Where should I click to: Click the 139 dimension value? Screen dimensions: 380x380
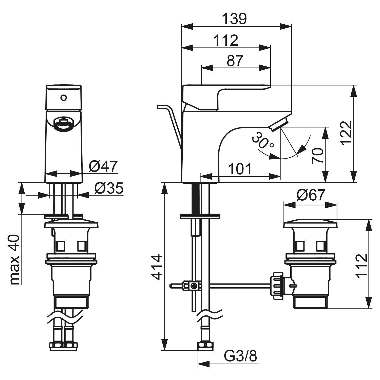coord(234,19)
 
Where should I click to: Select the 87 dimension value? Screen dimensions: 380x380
coord(235,61)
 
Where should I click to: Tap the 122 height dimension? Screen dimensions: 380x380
coord(346,133)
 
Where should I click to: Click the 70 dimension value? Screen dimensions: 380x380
coord(318,156)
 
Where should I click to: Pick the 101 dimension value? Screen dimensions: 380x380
coord(240,169)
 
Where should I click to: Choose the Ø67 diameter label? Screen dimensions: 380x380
coord(311,195)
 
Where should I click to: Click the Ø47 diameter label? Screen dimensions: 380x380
coord(103,167)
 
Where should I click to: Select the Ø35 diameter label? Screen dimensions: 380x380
coord(109,188)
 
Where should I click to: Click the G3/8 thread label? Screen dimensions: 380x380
coord(240,356)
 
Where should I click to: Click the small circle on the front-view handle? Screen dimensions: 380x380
coord(64,97)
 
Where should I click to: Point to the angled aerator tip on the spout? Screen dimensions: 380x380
coord(279,124)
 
